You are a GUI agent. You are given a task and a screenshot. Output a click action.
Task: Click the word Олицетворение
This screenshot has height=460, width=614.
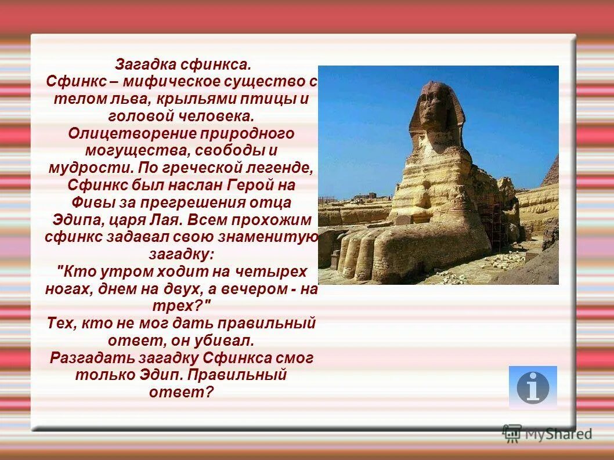coord(131,133)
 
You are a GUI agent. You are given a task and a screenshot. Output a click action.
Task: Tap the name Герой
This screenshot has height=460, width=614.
coord(251,186)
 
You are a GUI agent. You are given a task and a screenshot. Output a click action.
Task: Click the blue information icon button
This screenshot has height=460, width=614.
coord(532,387)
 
